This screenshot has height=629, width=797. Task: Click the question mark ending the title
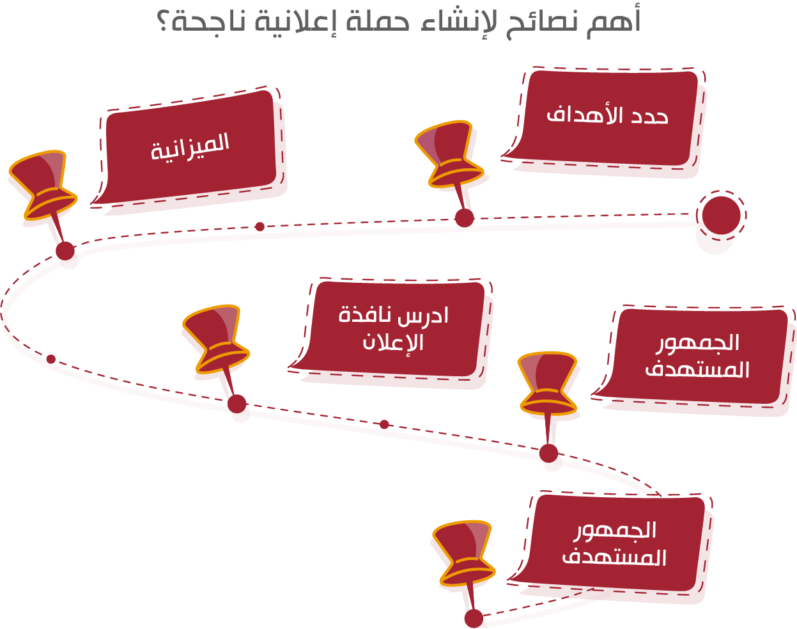[164, 22]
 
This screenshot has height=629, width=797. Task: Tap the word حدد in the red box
[649, 116]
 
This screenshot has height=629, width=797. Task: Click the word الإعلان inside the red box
[393, 342]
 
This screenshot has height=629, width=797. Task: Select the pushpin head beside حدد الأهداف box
[449, 154]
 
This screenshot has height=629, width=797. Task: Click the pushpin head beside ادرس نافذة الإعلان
[216, 339]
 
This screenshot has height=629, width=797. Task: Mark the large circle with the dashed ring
[721, 216]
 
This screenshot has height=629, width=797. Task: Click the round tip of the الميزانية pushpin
[65, 251]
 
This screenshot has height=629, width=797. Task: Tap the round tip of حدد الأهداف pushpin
[464, 218]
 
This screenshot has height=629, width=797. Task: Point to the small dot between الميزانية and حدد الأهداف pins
[260, 227]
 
